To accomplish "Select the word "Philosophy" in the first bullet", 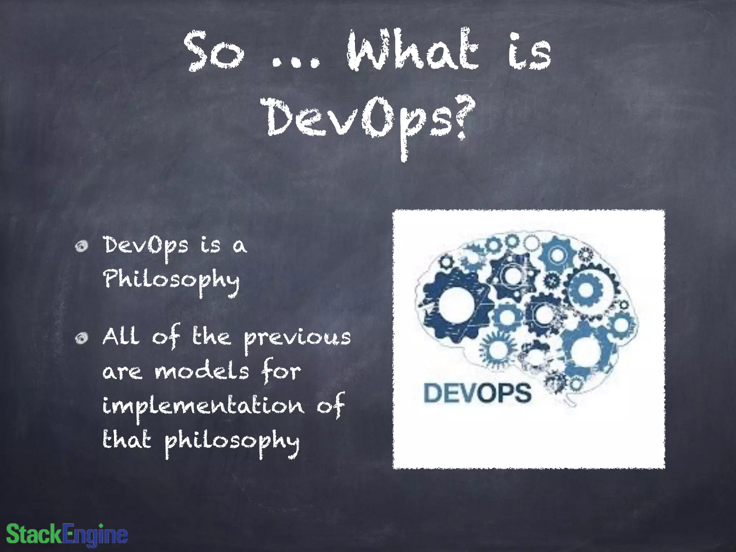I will pos(171,280).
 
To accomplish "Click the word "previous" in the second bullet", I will pos(297,338).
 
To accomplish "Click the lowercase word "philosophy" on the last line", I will pos(232,441).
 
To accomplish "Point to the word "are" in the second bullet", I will pos(122,372).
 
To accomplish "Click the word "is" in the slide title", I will pos(529,52).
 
